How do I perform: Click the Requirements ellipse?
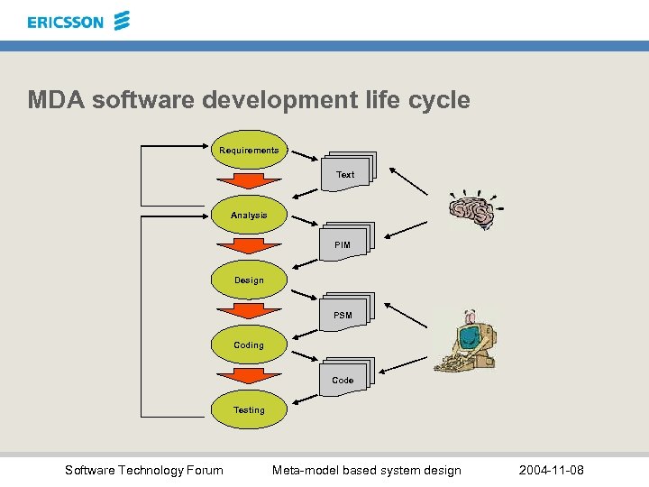(x=249, y=151)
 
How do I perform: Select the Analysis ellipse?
(x=249, y=216)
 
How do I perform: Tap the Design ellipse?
(x=249, y=280)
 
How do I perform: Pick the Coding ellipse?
(x=249, y=345)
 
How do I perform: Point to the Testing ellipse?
(x=249, y=410)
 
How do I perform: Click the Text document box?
(x=346, y=173)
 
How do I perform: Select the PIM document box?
(x=343, y=243)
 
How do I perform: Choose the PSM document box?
(x=344, y=314)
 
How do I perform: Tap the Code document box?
(x=343, y=379)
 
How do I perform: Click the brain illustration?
(x=472, y=210)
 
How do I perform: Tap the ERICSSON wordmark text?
(x=66, y=23)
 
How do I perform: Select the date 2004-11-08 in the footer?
(x=552, y=470)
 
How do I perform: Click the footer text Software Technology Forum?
(x=144, y=470)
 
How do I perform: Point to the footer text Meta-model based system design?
(x=367, y=470)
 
